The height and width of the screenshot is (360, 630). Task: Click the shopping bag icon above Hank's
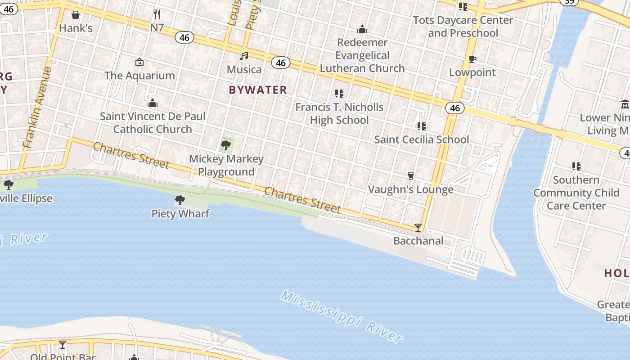tap(76, 15)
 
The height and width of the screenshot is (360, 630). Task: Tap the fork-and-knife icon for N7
tap(157, 14)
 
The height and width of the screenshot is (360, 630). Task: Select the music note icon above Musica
tap(244, 56)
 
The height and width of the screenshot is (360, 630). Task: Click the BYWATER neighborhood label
tap(258, 90)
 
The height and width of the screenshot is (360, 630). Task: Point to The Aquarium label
tap(139, 76)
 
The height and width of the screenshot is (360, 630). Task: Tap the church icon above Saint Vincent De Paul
tap(153, 103)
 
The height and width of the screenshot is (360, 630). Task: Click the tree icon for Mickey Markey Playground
tap(226, 145)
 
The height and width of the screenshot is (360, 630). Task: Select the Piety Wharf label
tap(180, 213)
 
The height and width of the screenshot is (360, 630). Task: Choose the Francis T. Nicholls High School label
tap(339, 113)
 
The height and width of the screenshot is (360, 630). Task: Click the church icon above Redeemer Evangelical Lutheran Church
tap(362, 30)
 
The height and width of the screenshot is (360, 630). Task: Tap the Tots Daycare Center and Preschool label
tap(463, 27)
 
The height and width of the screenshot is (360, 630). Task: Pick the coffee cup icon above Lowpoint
tap(472, 59)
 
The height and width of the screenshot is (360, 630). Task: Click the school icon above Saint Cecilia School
tap(422, 126)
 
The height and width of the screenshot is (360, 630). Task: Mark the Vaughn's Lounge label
tap(410, 189)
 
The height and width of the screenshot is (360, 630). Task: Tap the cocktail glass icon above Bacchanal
tap(418, 228)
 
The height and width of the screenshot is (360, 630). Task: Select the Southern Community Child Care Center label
tap(576, 193)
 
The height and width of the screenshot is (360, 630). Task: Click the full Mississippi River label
tap(341, 316)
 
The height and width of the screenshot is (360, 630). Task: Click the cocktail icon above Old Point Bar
tap(63, 345)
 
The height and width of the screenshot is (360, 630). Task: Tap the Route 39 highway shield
tap(569, 2)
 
